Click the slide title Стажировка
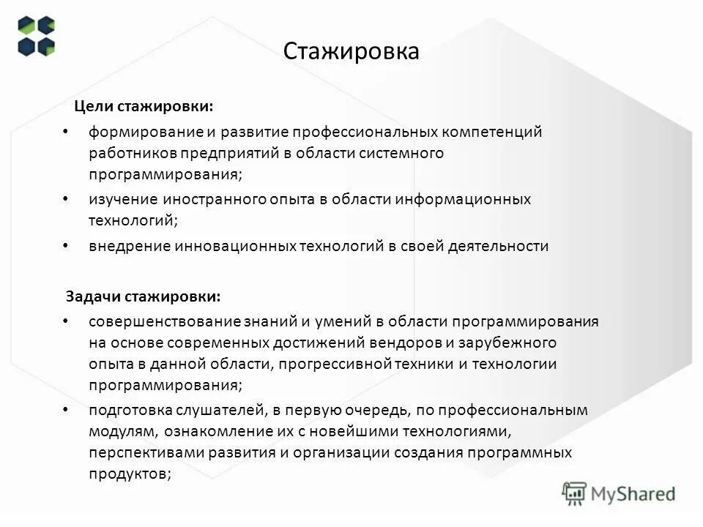(x=351, y=52)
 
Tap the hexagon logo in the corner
(x=37, y=36)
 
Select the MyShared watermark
(x=619, y=493)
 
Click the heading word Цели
(x=93, y=107)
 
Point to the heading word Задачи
(x=93, y=297)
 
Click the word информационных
(x=464, y=199)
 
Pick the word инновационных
(x=235, y=246)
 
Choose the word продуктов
(x=130, y=474)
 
